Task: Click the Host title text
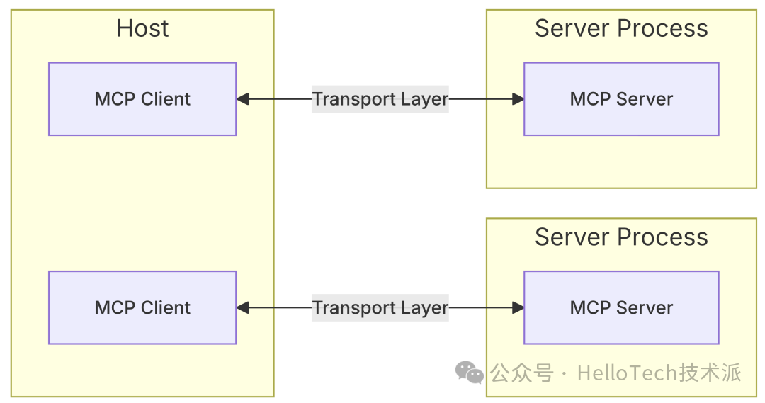tap(142, 29)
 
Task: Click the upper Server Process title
tap(621, 29)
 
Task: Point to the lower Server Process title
tap(621, 237)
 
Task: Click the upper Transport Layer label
tap(380, 99)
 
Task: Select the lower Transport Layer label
tap(380, 308)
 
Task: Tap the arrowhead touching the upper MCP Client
tap(242, 99)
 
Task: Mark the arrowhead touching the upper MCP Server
tap(518, 99)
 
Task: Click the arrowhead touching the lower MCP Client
tap(242, 308)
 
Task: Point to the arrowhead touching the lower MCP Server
tap(518, 308)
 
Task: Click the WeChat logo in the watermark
tap(469, 372)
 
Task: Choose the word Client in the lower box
tap(168, 308)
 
